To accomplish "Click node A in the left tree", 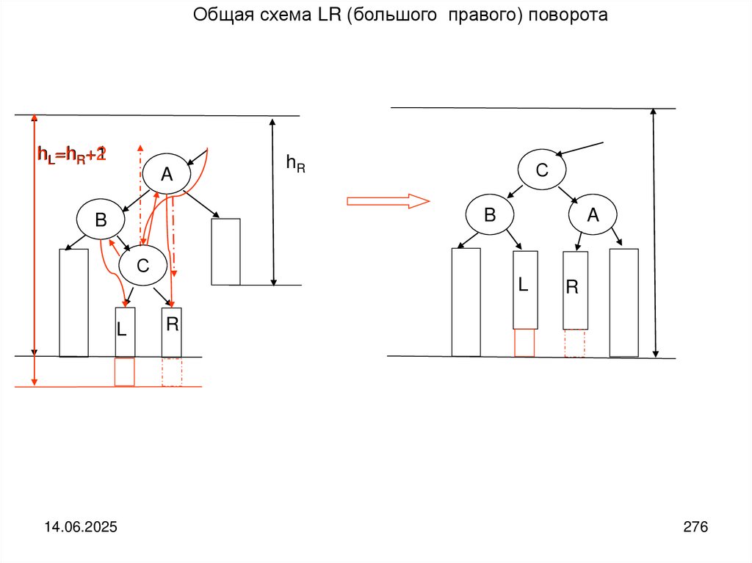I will (166, 174).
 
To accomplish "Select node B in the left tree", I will (101, 219).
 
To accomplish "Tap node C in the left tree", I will (142, 266).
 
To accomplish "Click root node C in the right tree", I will (542, 170).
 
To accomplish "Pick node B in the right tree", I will (490, 214).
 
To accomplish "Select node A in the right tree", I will (593, 214).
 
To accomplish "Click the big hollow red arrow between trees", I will (388, 200).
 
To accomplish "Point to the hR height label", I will (295, 164).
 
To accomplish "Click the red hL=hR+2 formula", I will (73, 154).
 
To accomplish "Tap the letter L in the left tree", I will (122, 330).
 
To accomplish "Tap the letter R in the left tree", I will (172, 324).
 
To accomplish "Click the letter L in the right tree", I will (523, 286).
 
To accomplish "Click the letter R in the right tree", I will (572, 288).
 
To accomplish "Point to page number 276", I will (695, 527).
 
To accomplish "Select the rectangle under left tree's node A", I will (225, 251).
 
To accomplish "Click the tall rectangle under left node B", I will (73, 302).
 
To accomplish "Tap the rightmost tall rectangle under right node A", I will (623, 302).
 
